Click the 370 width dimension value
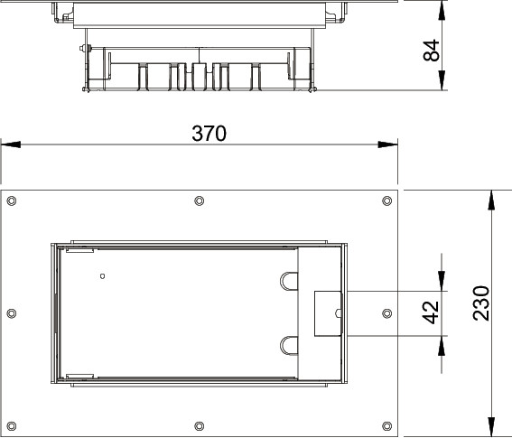coord(209,134)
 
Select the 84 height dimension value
coord(432,51)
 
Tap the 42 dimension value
coord(431,312)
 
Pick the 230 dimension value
coord(481,303)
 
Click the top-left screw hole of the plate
coord(12,200)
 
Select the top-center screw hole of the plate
coord(200,200)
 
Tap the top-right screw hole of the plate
coord(387,200)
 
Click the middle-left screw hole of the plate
coord(12,313)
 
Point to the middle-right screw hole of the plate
coord(387,313)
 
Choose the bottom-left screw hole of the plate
coord(12,426)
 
